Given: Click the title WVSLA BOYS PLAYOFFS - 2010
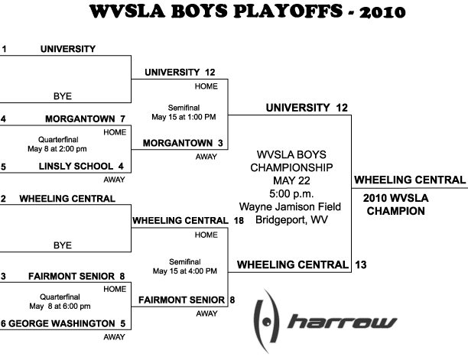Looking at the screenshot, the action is (248, 11).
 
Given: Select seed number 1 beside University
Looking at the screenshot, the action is (4, 49).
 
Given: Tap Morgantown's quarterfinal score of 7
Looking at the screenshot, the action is (122, 119).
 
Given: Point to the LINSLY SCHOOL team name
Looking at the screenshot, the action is (76, 166).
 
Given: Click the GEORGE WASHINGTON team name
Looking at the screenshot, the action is (62, 323).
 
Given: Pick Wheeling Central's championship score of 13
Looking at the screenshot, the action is (361, 265).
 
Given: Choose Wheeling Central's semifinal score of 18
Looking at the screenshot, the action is (239, 221).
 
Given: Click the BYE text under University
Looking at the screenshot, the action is (63, 96).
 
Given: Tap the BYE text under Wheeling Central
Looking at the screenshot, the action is (63, 245).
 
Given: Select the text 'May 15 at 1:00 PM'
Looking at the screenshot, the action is (184, 117).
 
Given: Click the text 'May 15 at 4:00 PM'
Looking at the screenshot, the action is (185, 271).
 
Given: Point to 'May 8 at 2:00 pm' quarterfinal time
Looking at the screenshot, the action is (57, 149).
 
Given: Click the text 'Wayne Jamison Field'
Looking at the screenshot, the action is (290, 206).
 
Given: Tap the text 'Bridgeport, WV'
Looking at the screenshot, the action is (291, 220).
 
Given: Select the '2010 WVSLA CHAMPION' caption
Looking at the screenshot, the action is (396, 205).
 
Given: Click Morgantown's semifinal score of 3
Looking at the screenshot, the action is (220, 143).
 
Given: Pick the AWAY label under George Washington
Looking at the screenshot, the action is (114, 337).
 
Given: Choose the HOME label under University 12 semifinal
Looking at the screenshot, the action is (206, 86).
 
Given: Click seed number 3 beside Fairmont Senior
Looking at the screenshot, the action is (3, 277).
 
